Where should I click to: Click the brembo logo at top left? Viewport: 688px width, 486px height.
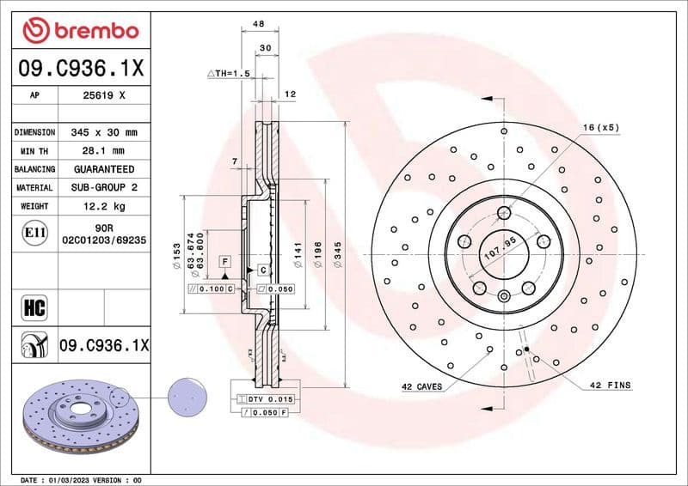pyautogui.click(x=80, y=30)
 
